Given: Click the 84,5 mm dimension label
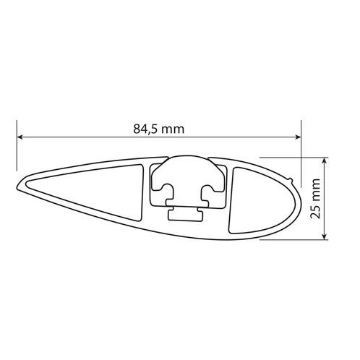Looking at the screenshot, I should (158, 129).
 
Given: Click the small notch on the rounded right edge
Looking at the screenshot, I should (293, 177).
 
